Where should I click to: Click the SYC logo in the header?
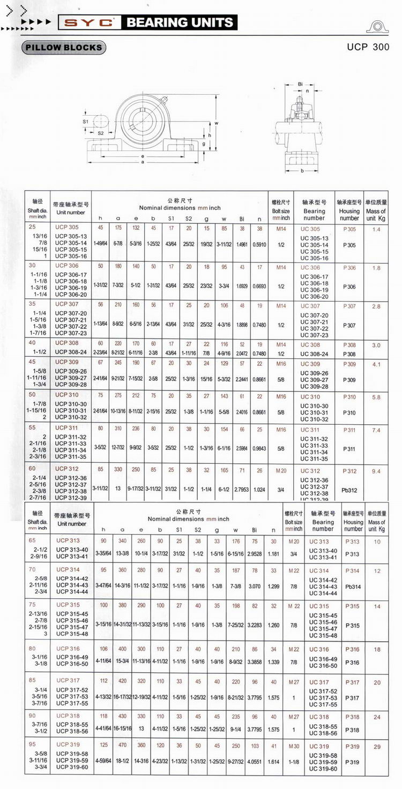(x=89, y=22)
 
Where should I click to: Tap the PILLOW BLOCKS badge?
(x=64, y=48)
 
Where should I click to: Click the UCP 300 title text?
(x=368, y=47)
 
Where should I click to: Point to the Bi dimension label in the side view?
(x=300, y=84)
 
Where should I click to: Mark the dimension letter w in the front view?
(x=216, y=123)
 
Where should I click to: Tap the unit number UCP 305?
(x=66, y=228)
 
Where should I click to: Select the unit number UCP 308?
(x=66, y=343)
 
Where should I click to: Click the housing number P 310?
(x=349, y=397)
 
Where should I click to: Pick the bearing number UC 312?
(x=311, y=471)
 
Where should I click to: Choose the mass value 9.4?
(x=376, y=471)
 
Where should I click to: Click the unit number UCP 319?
(x=68, y=745)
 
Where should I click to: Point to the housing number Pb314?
(x=352, y=587)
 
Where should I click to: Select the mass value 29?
(x=377, y=746)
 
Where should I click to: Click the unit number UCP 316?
(x=68, y=649)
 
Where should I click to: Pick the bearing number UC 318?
(x=319, y=717)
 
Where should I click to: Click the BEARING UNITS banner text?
(x=180, y=22)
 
